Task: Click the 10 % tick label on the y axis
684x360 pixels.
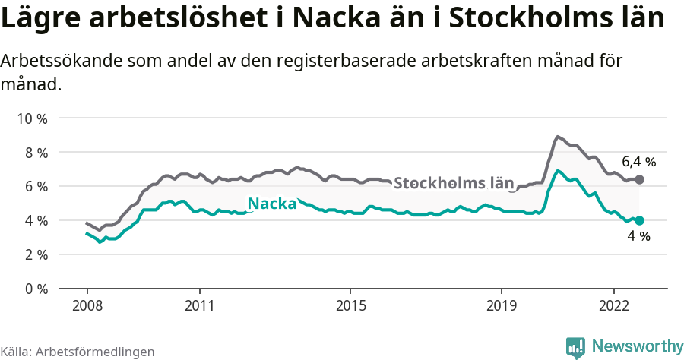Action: click(33, 118)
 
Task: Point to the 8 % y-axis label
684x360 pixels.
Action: click(36, 153)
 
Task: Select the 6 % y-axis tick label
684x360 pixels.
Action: click(36, 187)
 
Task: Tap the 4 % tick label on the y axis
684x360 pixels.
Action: click(36, 221)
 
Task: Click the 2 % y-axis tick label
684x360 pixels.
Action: click(36, 254)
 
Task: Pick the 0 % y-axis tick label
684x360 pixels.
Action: click(36, 289)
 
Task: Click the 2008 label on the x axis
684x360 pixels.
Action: click(87, 305)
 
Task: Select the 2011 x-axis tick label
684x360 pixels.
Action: click(199, 305)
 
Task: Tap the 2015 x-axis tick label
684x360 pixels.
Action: click(350, 305)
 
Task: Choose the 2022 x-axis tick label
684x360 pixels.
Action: click(614, 305)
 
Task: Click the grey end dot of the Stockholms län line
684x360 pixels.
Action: click(639, 179)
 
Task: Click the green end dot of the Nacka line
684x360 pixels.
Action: click(639, 220)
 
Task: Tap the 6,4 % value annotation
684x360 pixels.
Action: click(638, 162)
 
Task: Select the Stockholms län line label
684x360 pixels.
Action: click(454, 183)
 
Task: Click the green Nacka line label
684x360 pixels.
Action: click(272, 204)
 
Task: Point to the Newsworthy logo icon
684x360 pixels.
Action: click(575, 347)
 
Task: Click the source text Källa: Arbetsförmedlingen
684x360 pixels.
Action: click(78, 352)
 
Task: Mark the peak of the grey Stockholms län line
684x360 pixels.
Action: click(557, 137)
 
